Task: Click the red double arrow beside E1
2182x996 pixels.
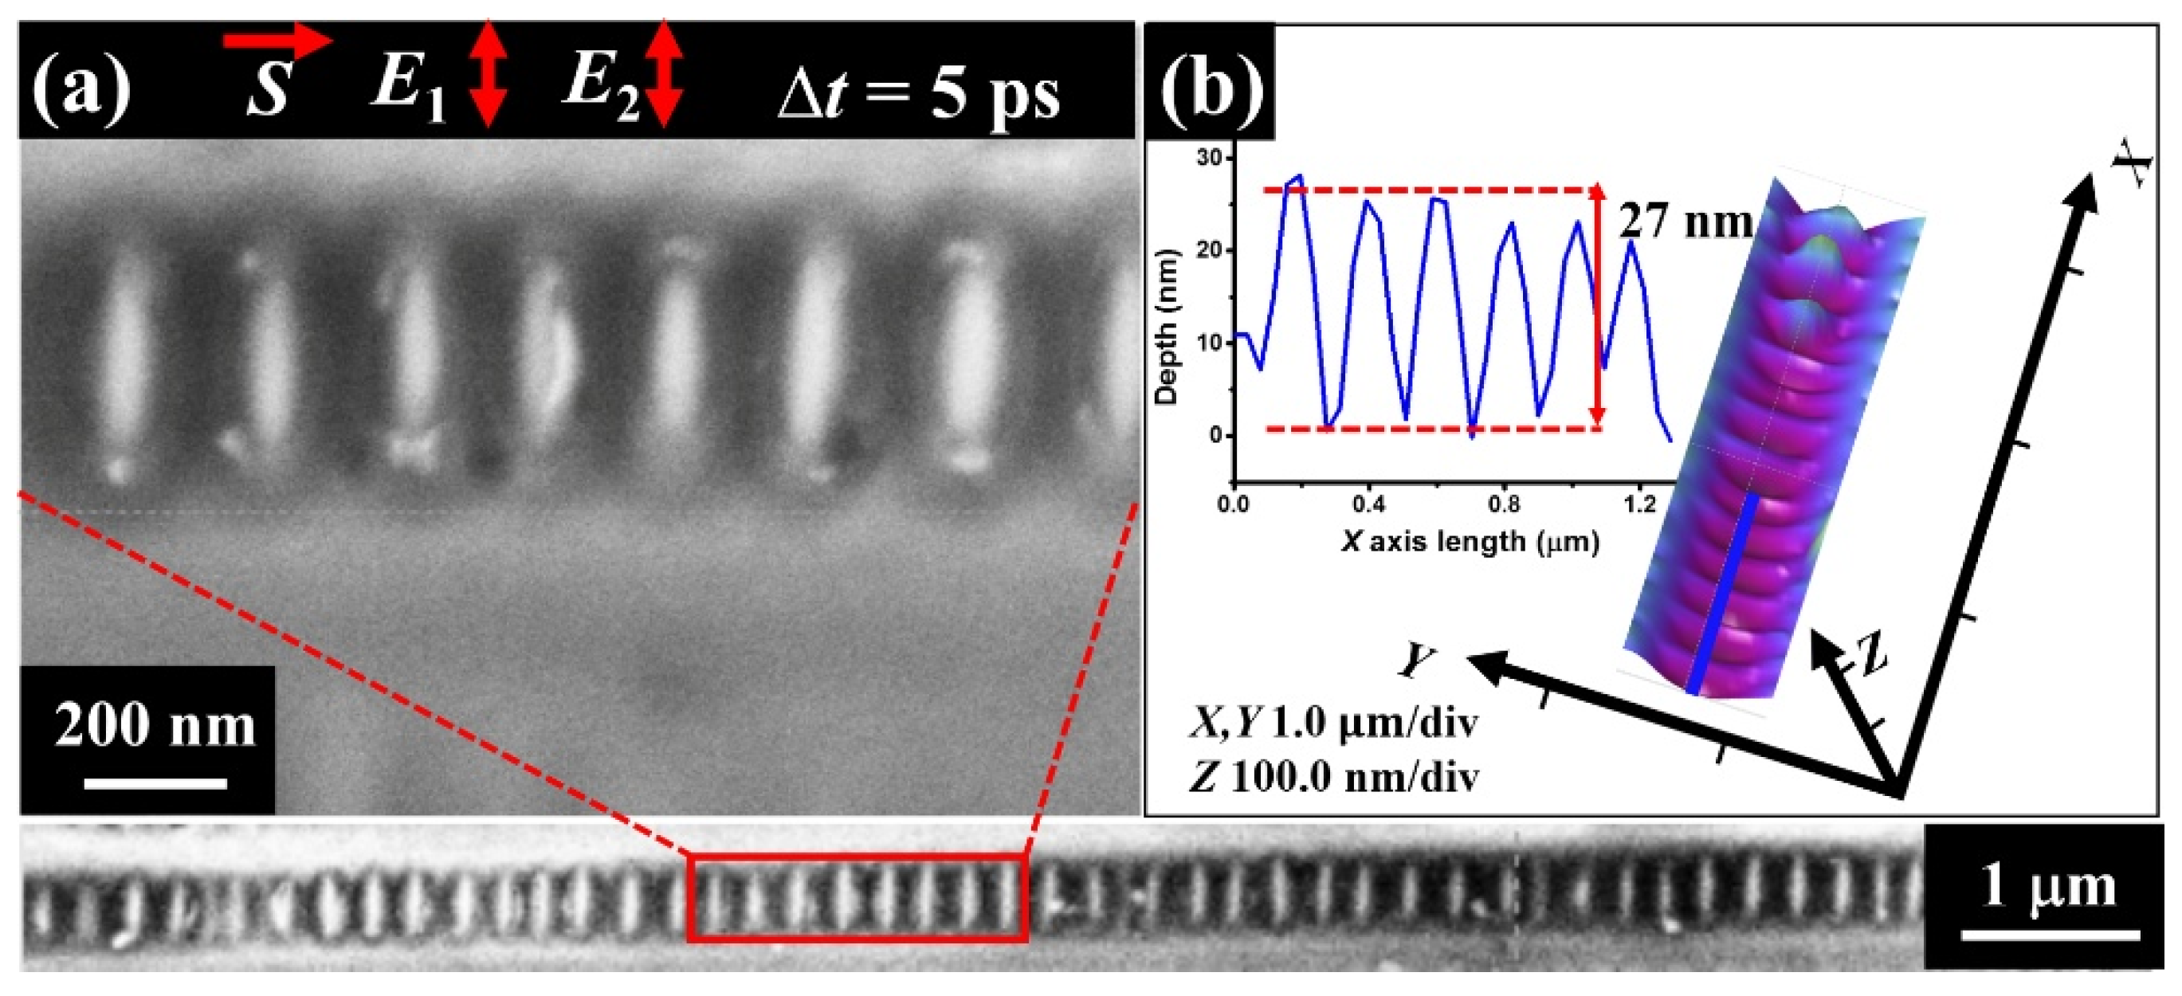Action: coord(488,75)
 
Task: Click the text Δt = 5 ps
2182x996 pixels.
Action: coord(918,95)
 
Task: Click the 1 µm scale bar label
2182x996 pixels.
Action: coord(2047,887)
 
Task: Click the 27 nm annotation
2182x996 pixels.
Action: coord(1685,222)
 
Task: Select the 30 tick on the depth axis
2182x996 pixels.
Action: coord(1210,159)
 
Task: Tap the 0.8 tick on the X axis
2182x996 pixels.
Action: coord(1504,505)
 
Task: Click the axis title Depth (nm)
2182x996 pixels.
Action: coord(1168,327)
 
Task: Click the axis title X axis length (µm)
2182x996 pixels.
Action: coord(1470,541)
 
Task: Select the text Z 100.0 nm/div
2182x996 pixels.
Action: coord(1334,777)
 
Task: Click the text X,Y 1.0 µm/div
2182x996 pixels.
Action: coord(1334,724)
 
